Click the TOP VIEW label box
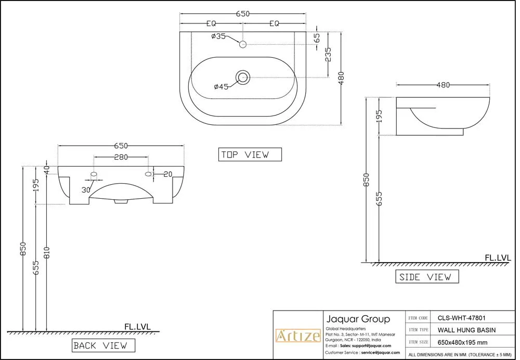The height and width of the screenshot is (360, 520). coord(250,155)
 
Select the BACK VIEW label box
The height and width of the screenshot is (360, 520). coord(103,345)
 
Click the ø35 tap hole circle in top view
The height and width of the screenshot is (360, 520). coord(242,45)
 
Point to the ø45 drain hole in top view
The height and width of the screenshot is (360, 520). coord(243,78)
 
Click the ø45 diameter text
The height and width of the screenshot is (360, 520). coord(221,87)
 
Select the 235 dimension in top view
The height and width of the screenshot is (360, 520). coord(328,55)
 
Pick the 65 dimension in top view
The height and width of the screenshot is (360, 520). coord(317,38)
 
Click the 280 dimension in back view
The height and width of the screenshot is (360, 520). coord(121,157)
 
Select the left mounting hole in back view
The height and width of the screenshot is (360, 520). coord(94,174)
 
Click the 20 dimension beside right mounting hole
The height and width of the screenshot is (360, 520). coord(168,174)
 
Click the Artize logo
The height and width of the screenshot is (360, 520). coord(297,336)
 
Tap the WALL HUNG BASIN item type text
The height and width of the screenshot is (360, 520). coord(466,330)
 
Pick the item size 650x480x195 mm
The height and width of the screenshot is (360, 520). coord(462,342)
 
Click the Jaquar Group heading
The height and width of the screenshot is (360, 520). coord(357,319)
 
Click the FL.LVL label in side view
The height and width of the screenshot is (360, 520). coord(498,257)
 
